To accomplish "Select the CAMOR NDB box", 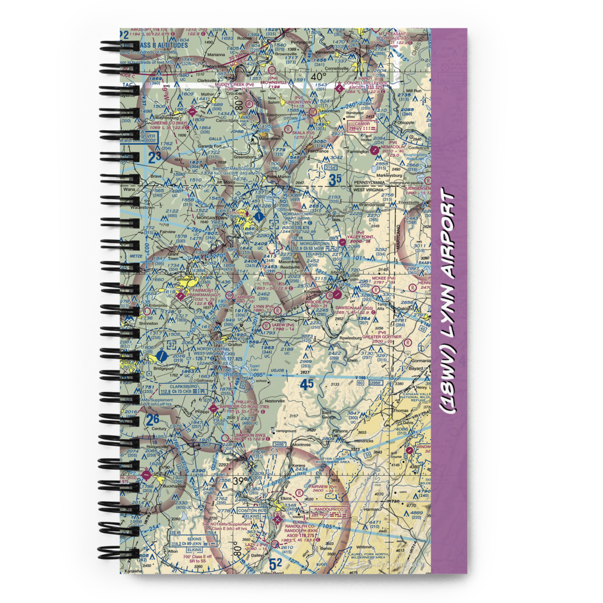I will coord(361,125).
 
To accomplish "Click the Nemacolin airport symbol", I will coord(376,148).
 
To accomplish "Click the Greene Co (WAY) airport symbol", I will coord(192,111).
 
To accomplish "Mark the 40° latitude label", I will coord(318,77).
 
